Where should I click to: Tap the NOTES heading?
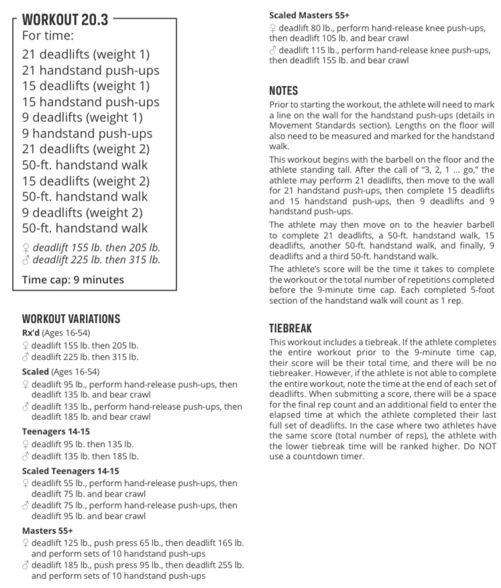283,91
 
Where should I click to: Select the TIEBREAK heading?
290,329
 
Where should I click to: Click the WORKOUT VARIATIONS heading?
71,319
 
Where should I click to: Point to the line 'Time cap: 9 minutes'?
73,279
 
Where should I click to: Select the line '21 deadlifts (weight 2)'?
86,149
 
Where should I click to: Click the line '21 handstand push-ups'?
91,70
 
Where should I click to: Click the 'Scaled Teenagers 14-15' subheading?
70,471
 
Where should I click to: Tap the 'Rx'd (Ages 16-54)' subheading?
56,333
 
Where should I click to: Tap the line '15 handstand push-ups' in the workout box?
91,102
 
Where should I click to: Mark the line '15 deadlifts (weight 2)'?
86,181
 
